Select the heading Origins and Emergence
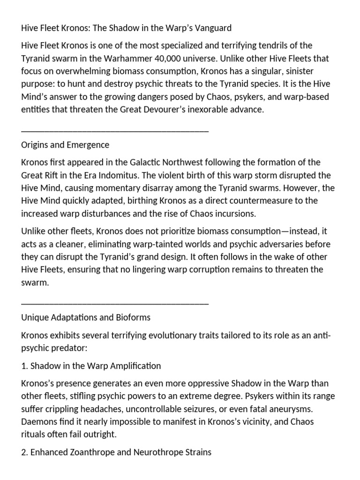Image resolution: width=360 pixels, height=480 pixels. coord(65,145)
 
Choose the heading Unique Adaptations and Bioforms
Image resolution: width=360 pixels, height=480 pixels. coord(86,317)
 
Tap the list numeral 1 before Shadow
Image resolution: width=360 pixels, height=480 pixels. coord(23,366)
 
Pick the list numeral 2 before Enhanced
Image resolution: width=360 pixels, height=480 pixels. coord(23,452)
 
